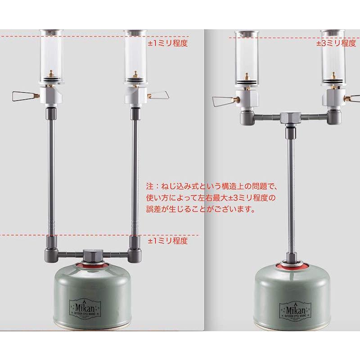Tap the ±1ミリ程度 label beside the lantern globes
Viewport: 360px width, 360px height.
[x=167, y=44]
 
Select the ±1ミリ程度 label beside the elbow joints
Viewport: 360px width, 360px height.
[x=167, y=241]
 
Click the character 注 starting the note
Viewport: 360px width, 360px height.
[x=149, y=185]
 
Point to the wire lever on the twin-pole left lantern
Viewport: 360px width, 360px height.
[x=23, y=95]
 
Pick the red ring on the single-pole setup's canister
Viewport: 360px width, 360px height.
[x=291, y=265]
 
